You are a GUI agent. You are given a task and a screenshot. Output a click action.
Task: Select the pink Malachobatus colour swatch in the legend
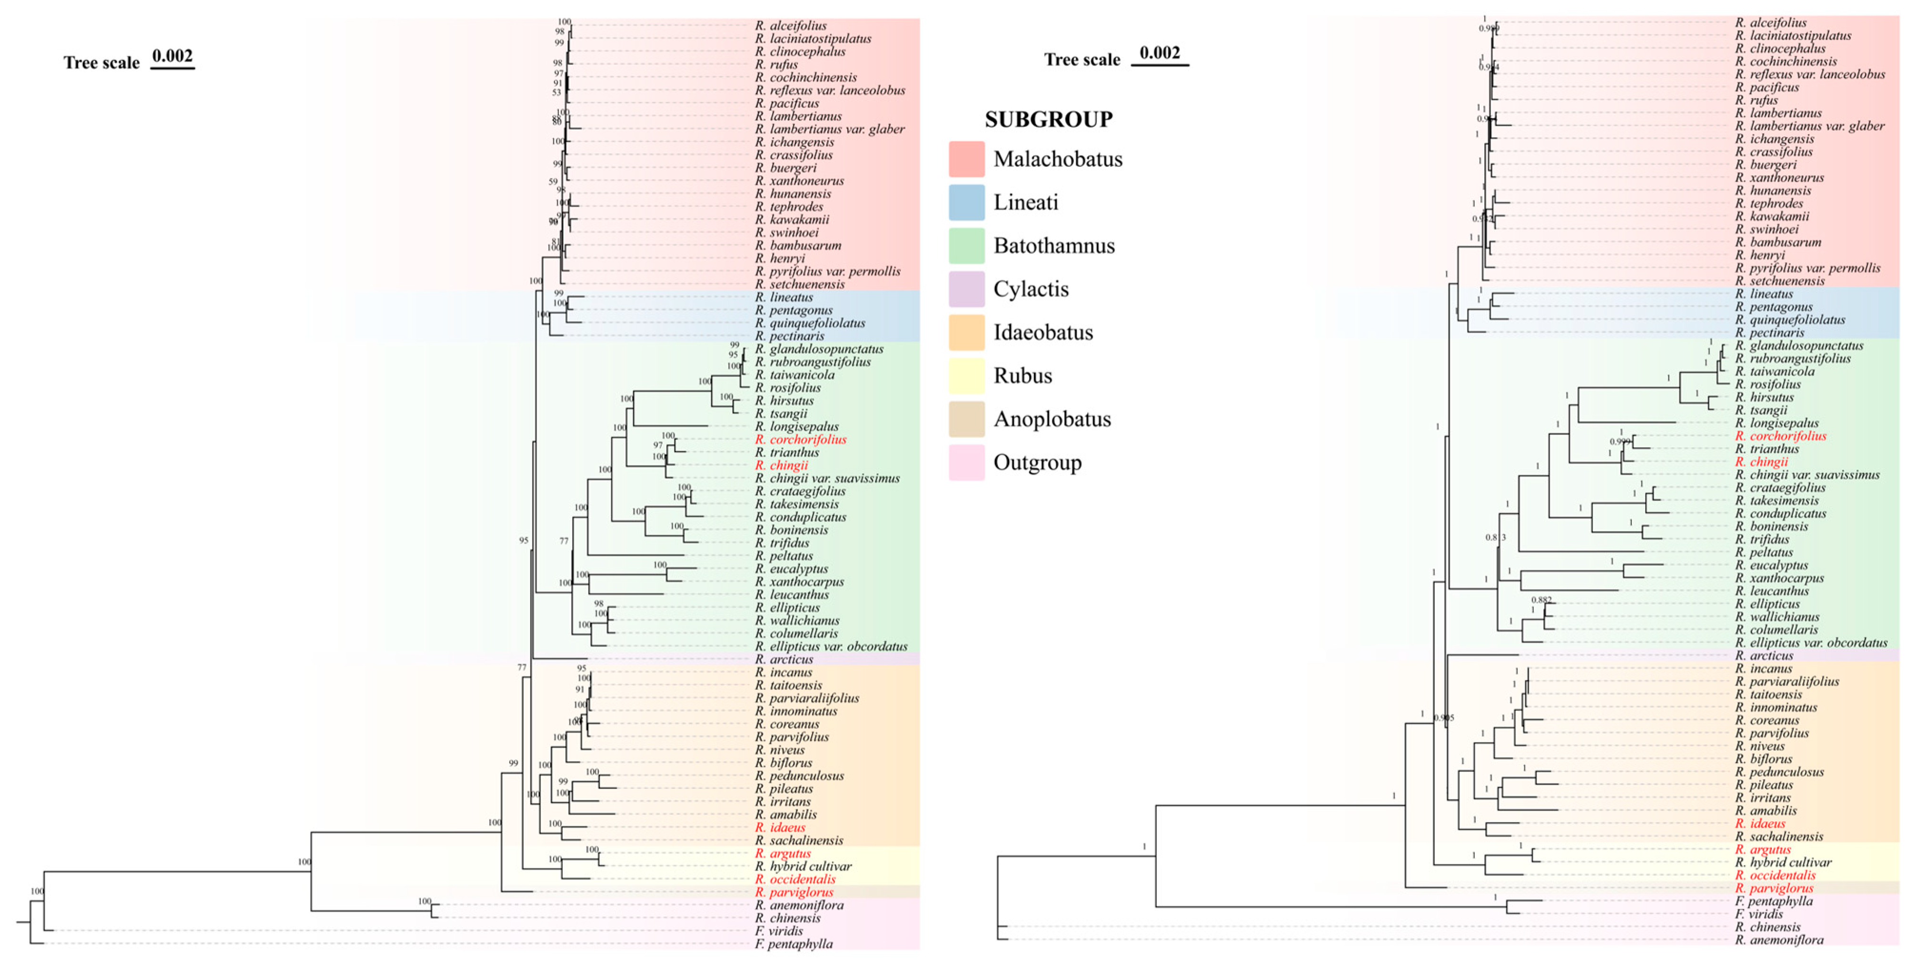click(966, 159)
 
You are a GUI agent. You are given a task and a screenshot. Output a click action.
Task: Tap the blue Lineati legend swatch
click(966, 202)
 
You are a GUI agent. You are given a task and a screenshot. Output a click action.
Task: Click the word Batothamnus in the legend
click(1053, 246)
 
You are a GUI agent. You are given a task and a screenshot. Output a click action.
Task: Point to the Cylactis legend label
click(1031, 289)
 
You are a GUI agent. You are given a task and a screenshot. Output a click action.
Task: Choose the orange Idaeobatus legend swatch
click(966, 332)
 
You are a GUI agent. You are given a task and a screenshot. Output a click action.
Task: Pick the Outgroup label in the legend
click(1037, 463)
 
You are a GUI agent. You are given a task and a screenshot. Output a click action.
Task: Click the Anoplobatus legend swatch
click(966, 419)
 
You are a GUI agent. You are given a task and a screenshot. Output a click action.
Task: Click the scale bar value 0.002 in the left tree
click(172, 56)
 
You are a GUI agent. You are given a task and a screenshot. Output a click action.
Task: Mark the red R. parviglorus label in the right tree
click(1774, 888)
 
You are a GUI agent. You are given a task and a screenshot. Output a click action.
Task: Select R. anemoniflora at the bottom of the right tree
click(1779, 939)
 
